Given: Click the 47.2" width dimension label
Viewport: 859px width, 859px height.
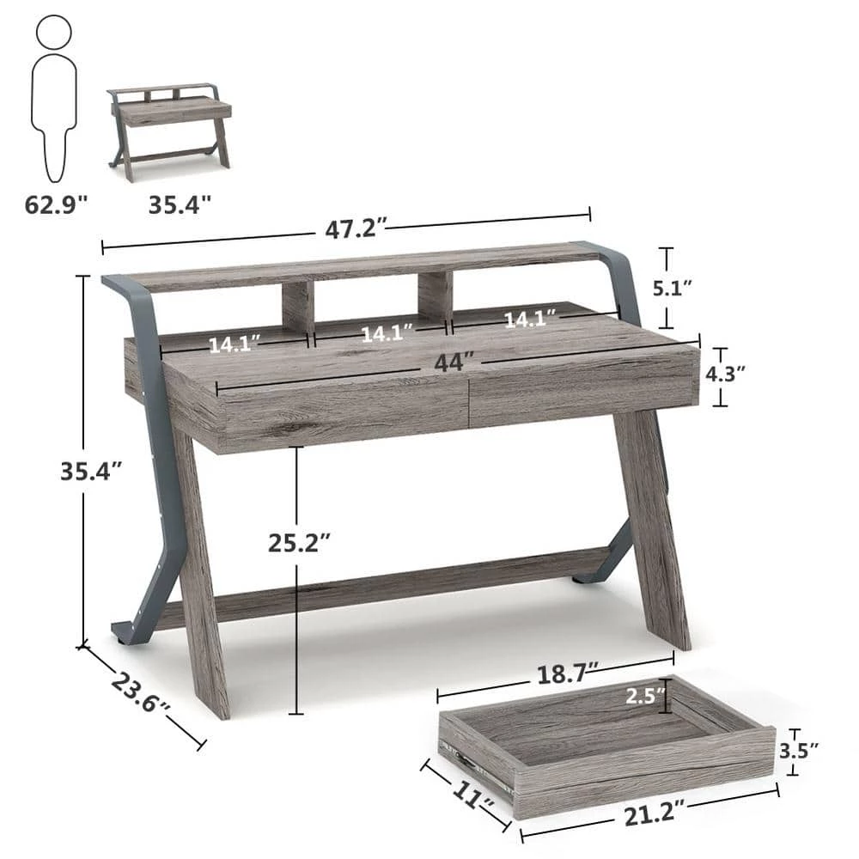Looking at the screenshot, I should (x=356, y=229).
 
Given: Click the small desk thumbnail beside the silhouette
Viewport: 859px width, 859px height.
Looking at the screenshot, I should (x=170, y=131).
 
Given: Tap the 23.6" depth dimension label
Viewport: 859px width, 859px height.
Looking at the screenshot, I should (x=141, y=693).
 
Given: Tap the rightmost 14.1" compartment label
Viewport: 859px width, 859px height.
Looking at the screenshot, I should (x=529, y=320).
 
